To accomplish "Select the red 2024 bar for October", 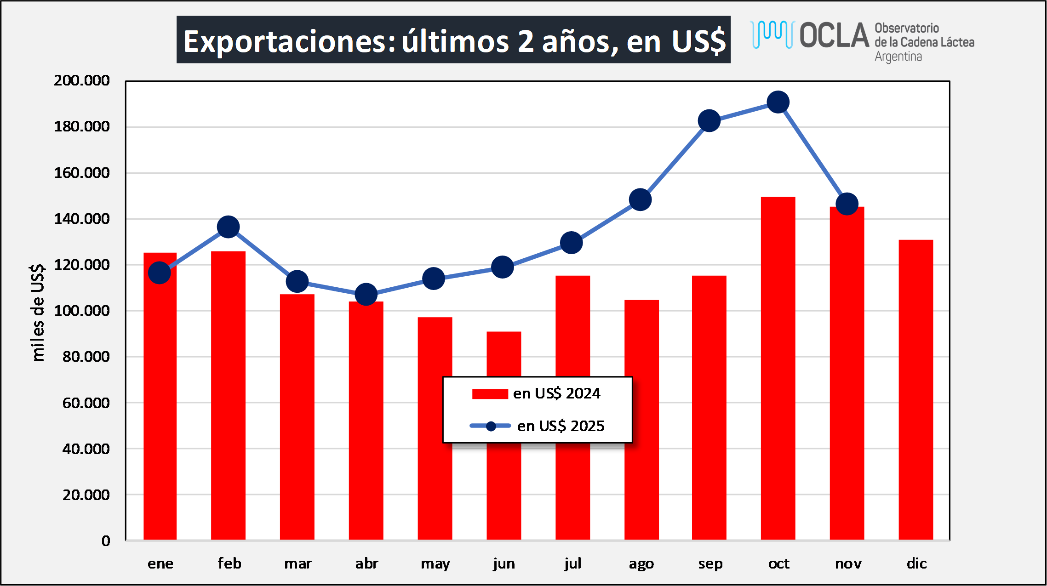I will tap(778, 368).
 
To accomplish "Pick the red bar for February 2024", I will tap(228, 395).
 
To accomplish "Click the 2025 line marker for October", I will tap(778, 102).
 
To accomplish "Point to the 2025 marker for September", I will tap(709, 121).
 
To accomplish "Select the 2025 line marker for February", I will tap(228, 227).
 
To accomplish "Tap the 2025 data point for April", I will tap(366, 294).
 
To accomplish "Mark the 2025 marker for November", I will tap(847, 204).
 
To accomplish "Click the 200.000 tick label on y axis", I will tap(82, 80).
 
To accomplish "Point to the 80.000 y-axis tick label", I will tap(86, 356).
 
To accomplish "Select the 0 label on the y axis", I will tap(106, 540).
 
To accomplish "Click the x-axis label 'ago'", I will tap(641, 563).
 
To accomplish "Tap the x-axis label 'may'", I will tap(435, 563).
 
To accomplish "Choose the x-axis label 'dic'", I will tap(916, 563).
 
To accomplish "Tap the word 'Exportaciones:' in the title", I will tap(289, 41).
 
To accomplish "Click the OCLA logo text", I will tap(834, 35).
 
